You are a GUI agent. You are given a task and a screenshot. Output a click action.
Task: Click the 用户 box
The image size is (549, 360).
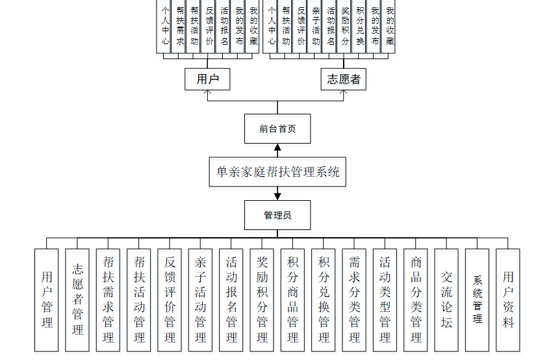coord(207,79)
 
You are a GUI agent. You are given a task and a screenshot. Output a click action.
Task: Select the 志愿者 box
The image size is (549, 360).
coord(344,79)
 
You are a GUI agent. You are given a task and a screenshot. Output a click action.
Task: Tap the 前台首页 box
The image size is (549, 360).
coord(277,129)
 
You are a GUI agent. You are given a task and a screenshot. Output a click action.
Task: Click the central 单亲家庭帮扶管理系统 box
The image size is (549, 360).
coord(277,172)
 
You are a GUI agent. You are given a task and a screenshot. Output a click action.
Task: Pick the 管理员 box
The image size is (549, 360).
coord(277,215)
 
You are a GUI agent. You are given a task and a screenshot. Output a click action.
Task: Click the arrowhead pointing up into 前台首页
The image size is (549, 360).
coord(277,147)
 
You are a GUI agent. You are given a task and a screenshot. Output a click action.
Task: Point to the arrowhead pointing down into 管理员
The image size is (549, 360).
coord(277,196)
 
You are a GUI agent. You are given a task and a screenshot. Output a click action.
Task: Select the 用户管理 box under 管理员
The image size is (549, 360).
coord(47,300)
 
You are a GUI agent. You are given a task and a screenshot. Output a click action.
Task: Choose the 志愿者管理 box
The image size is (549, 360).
coord(77,300)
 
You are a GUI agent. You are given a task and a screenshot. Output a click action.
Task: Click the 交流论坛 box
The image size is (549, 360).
coord(446,300)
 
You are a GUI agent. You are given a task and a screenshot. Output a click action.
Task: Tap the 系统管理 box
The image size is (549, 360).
coord(478,300)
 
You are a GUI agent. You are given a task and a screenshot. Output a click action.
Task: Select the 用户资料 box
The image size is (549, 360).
coord(508,300)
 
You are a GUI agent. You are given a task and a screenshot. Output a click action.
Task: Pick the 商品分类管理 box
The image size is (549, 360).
coord(416,300)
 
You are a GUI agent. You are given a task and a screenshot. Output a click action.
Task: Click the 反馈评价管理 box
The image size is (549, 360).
coord(170,300)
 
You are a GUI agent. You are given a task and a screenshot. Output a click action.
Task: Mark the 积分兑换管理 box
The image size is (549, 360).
coord(323,300)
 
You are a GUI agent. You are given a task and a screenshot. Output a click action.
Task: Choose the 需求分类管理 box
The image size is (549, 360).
coord(354,300)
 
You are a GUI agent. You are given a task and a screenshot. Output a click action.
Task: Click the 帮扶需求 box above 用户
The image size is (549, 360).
coord(178,26)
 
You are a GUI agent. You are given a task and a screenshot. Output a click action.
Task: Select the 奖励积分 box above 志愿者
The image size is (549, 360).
coord(344,26)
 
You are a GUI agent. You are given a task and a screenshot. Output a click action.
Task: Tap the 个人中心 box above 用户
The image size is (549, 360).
coord(164,26)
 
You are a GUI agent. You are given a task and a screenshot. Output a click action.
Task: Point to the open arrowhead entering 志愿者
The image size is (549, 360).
coord(344,92)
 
